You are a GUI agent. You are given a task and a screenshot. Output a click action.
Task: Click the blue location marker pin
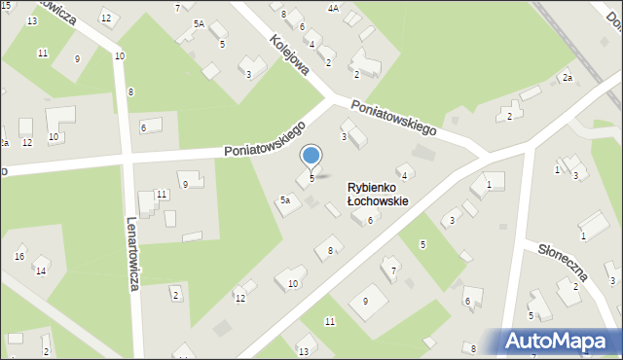pyautogui.click(x=311, y=156)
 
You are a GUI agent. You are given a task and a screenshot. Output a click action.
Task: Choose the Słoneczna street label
pyautogui.click(x=563, y=261)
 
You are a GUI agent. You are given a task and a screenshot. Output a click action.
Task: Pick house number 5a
pyautogui.click(x=285, y=200)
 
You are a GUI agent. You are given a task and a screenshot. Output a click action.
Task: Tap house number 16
pyautogui.click(x=19, y=256)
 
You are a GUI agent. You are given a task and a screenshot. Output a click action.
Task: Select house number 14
pyautogui.click(x=41, y=270)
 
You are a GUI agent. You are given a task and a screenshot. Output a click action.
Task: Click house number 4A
pyautogui.click(x=333, y=8)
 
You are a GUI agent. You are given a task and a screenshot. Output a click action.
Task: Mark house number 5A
pyautogui.click(x=199, y=23)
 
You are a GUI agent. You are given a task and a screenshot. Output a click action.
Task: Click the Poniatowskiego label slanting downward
pyautogui.click(x=393, y=116)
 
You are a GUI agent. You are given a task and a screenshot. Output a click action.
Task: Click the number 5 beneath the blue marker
pyautogui.click(x=311, y=178)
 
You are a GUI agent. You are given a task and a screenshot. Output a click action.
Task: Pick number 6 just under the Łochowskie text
pyautogui.click(x=370, y=221)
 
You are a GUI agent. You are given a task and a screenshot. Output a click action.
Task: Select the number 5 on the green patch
pyautogui.click(x=422, y=244)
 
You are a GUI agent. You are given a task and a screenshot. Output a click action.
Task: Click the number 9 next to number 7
pyautogui.click(x=365, y=302)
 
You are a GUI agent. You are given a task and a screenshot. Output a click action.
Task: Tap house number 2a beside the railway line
pyautogui.click(x=566, y=77)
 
